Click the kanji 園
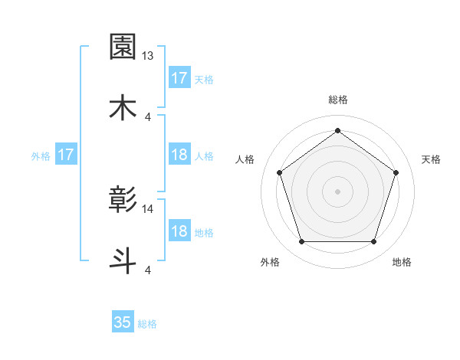[123, 47]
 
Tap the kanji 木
[123, 106]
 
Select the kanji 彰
[123, 200]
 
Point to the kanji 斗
[123, 259]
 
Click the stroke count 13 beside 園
[148, 56]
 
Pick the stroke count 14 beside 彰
[148, 208]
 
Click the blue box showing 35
[123, 322]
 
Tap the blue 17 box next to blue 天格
[179, 78]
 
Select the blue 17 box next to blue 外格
[66, 155]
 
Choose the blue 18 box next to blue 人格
[179, 155]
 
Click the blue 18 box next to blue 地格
[179, 232]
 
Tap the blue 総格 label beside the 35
[147, 324]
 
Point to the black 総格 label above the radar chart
[337, 100]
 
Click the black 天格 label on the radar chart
[431, 159]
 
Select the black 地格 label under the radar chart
[402, 263]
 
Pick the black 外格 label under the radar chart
[270, 263]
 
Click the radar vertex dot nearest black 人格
[279, 172]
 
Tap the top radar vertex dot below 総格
[337, 130]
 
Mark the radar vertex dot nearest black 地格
[374, 242]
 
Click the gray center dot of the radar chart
[337, 191]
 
